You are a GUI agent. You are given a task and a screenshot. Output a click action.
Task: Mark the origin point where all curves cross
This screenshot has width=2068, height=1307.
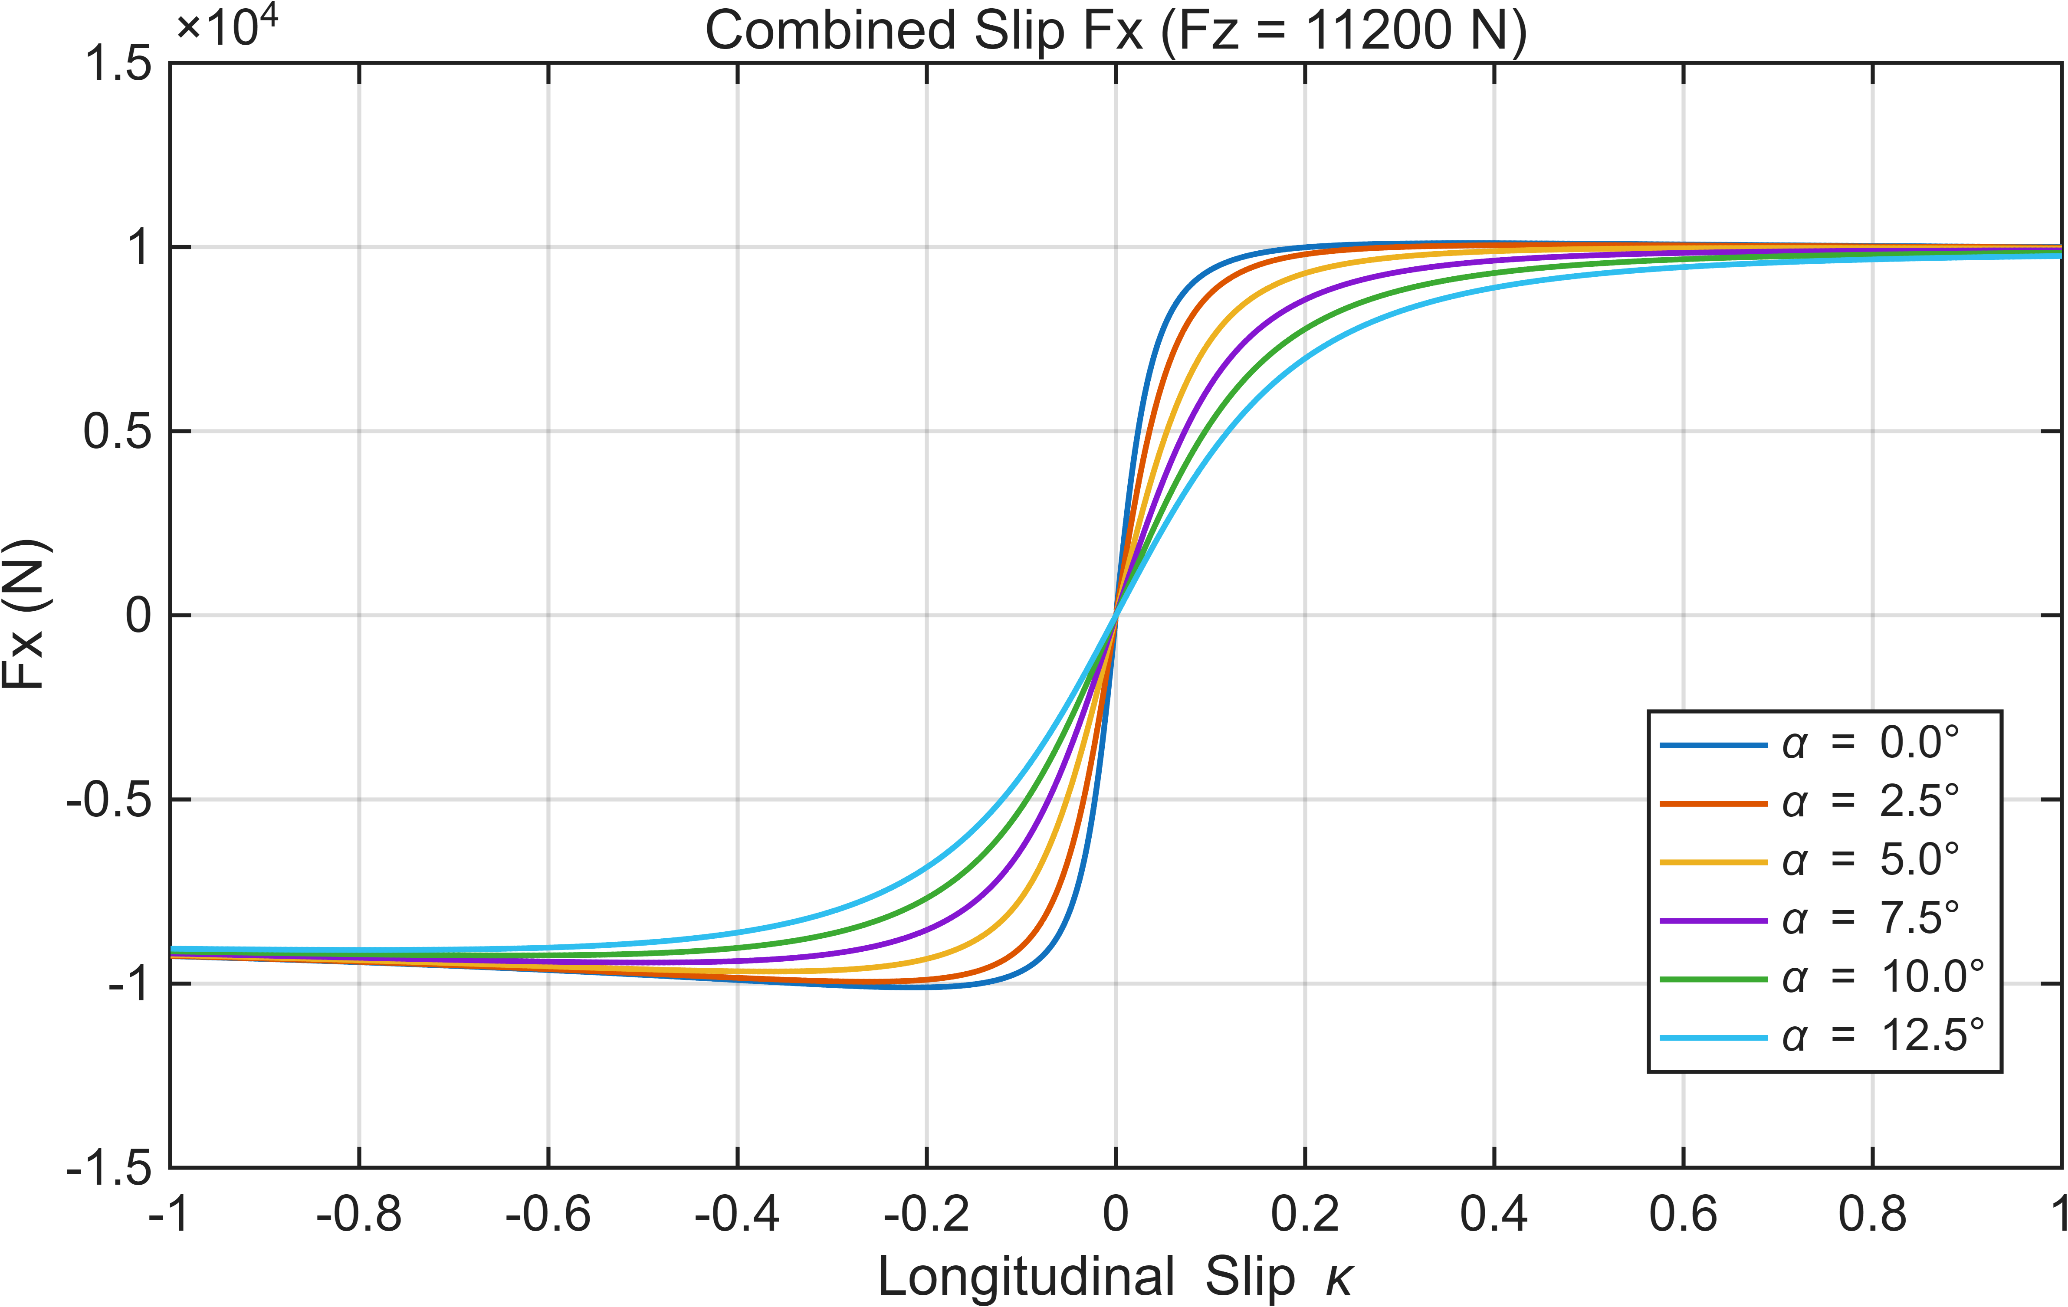point(1116,615)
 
